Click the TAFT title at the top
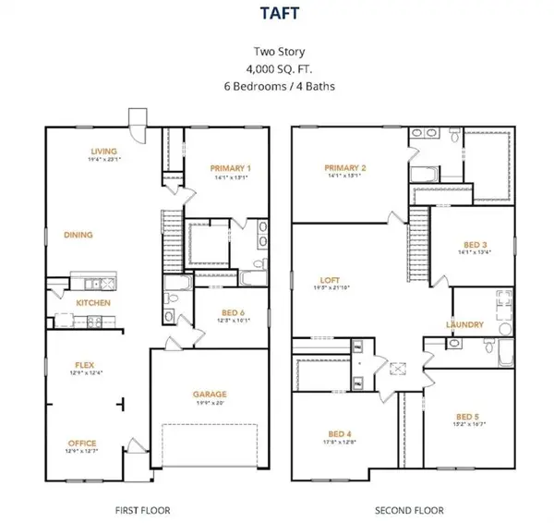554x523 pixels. [x=277, y=16]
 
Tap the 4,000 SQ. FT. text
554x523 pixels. [x=277, y=69]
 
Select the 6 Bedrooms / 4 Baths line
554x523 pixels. [x=277, y=87]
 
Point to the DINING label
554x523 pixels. [x=78, y=235]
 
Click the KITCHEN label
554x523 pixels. [x=93, y=303]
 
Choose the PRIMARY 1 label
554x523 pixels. [x=230, y=168]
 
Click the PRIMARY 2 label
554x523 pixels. [x=345, y=168]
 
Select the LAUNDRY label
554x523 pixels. [x=464, y=324]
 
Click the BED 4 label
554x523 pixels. [x=340, y=433]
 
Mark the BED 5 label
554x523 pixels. [x=468, y=417]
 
